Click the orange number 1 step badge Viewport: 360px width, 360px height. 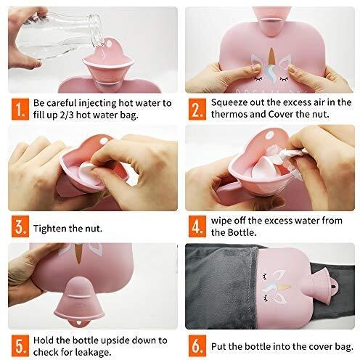(x=20, y=109)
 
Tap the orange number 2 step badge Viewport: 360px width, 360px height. (x=197, y=109)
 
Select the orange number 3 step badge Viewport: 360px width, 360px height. (x=20, y=226)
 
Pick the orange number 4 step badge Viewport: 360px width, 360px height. (x=197, y=226)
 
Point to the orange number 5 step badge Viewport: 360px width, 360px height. (x=20, y=346)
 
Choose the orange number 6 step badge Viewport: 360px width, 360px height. (x=197, y=346)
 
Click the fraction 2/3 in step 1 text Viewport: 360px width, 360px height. (x=67, y=115)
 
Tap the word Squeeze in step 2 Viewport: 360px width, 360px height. (x=229, y=103)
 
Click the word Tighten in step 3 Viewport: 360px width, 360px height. (x=49, y=229)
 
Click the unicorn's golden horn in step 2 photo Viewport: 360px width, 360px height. (x=272, y=57)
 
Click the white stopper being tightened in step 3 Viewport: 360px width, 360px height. (x=86, y=168)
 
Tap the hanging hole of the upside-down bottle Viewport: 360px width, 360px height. (x=78, y=323)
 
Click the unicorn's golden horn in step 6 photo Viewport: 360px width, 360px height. (x=284, y=287)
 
